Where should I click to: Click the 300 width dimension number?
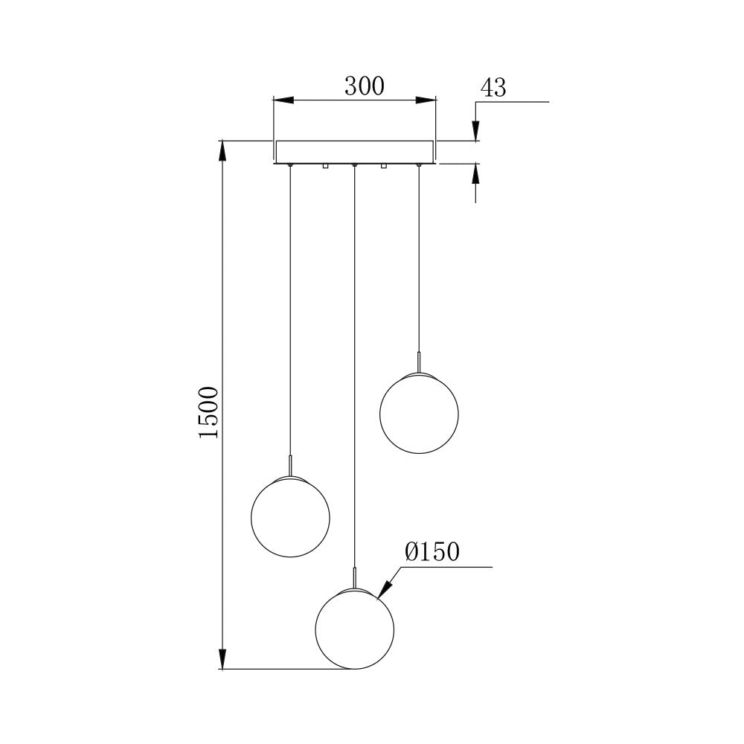coord(364,86)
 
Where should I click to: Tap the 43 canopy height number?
coord(493,88)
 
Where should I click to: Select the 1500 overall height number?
coord(209,411)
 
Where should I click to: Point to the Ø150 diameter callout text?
coord(432,552)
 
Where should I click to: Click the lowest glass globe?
coord(355,629)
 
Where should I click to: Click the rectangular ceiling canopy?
coord(354,151)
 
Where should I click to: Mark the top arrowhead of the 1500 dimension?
coord(222,150)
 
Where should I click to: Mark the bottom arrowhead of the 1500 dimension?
coord(222,658)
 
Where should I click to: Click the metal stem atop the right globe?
coord(419,362)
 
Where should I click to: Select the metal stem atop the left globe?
coord(289,466)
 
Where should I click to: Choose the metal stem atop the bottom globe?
coord(355,577)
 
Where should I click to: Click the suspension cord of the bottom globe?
coord(355,372)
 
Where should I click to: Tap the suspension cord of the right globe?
coord(419,260)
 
